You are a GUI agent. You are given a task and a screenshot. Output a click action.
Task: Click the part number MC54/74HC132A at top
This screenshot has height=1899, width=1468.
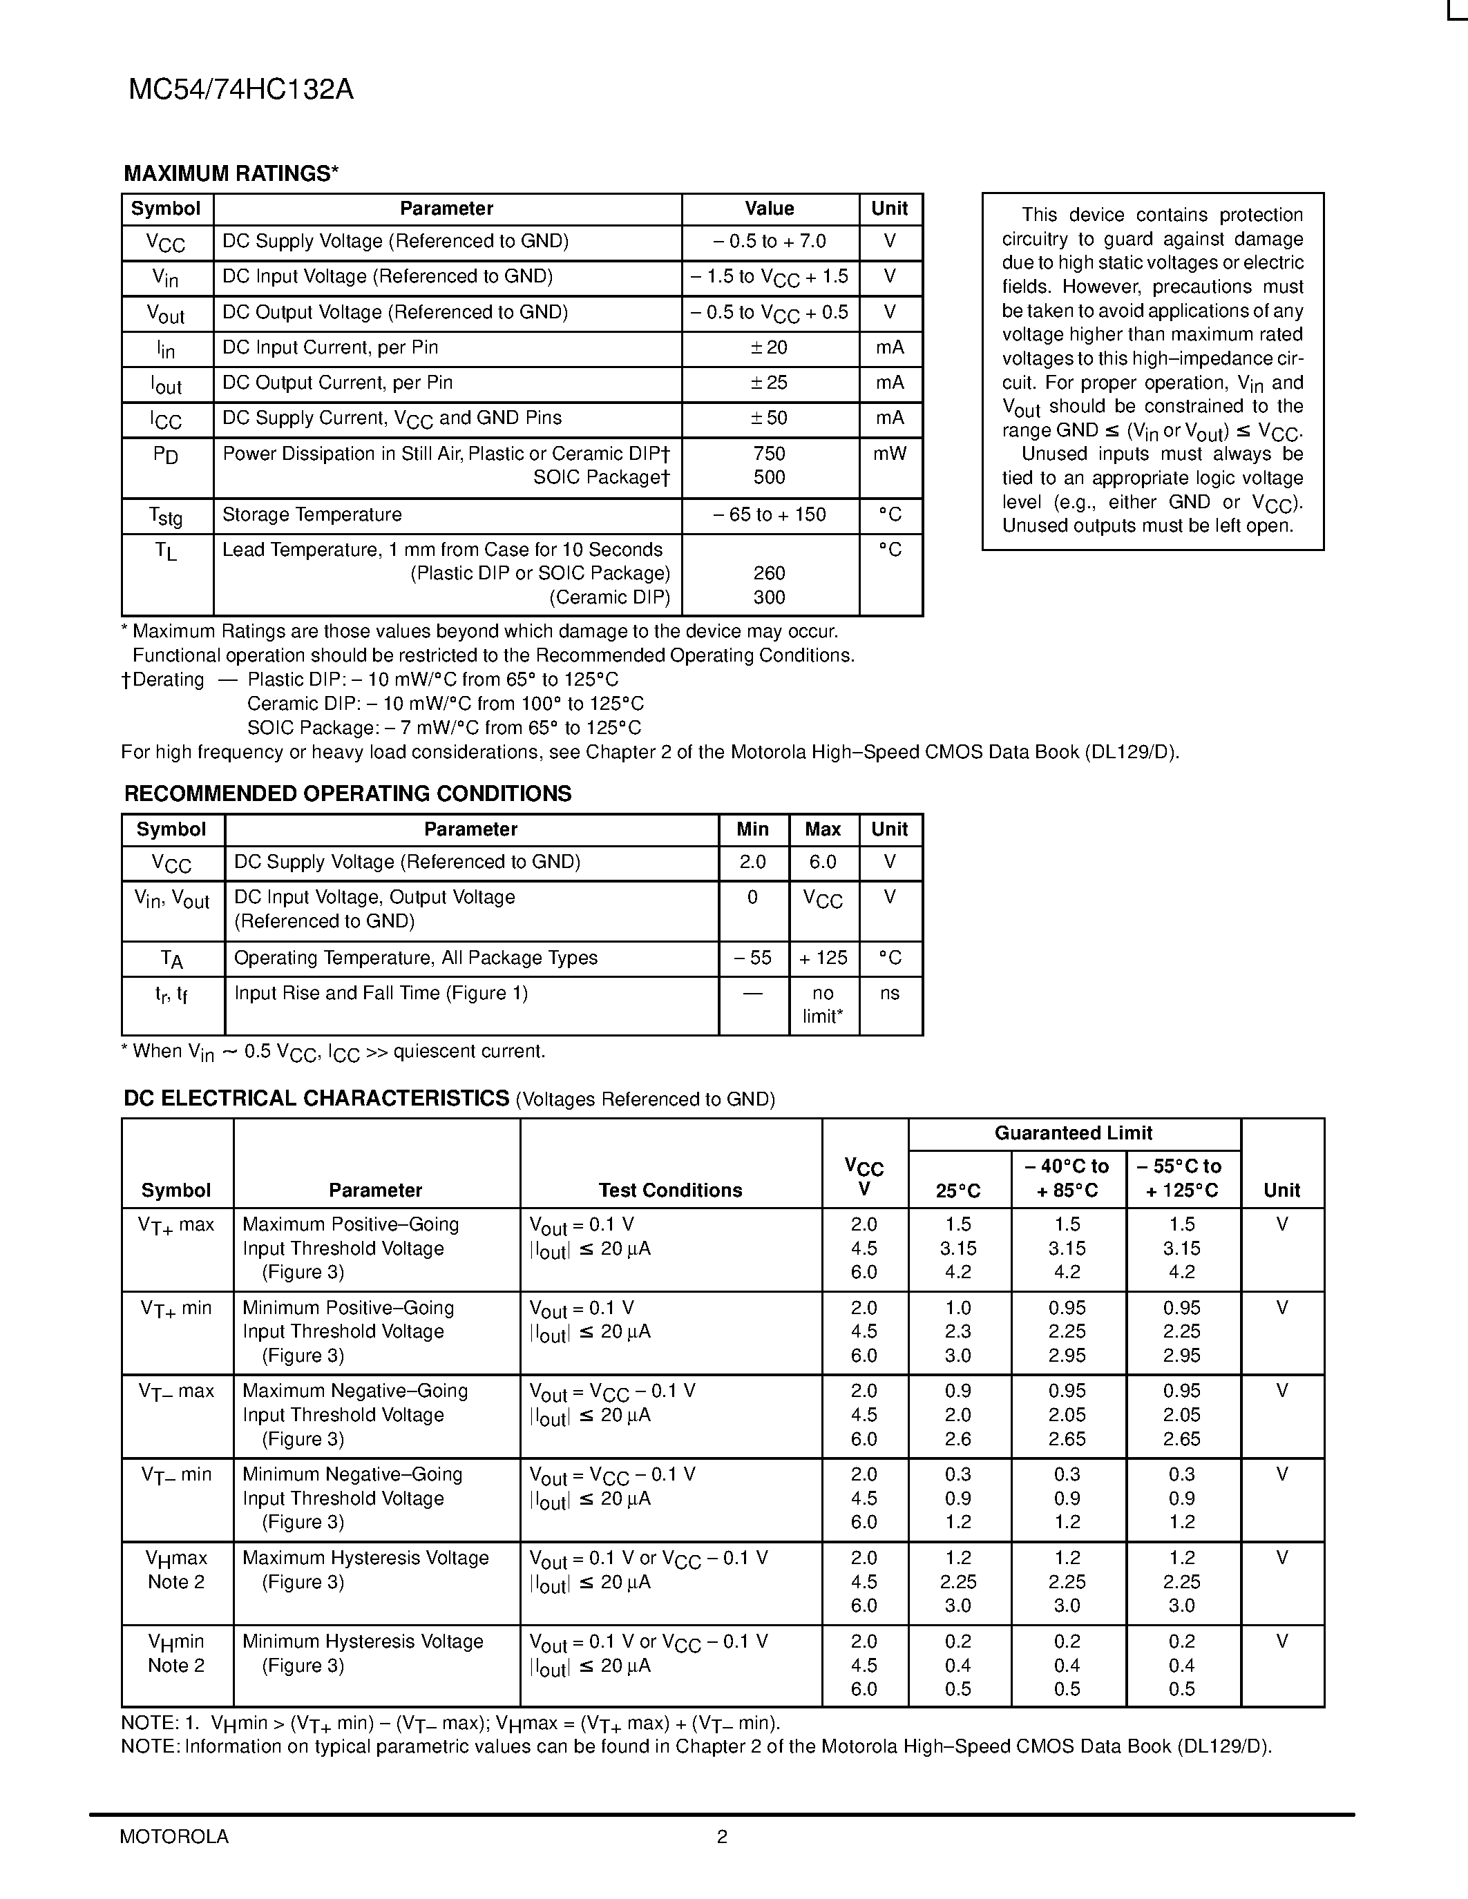click(241, 90)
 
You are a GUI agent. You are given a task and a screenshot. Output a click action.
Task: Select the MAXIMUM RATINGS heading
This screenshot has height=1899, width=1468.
click(231, 174)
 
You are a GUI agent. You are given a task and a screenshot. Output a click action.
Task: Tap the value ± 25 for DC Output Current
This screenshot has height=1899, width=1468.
click(769, 383)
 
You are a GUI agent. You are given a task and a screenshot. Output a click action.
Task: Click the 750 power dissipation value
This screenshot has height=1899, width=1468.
click(769, 454)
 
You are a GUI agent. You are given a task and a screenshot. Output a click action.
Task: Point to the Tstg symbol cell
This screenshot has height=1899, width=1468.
click(166, 516)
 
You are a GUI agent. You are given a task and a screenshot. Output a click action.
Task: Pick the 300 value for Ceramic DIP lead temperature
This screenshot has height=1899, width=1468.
click(769, 597)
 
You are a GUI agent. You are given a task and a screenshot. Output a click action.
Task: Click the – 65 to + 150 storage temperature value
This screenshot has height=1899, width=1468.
click(769, 514)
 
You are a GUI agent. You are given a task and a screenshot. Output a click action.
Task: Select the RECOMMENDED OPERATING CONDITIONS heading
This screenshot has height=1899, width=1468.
click(348, 794)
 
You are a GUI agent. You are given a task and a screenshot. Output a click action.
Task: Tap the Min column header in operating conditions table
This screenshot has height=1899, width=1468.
click(752, 829)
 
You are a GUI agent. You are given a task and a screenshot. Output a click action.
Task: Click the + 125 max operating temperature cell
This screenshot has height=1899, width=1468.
click(823, 958)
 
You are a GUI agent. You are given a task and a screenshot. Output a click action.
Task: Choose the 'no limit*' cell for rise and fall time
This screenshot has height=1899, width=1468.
click(823, 1004)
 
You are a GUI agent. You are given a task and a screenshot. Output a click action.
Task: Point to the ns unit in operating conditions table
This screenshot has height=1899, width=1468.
click(889, 993)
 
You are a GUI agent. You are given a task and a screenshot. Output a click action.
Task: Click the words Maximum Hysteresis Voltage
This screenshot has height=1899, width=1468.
click(365, 1558)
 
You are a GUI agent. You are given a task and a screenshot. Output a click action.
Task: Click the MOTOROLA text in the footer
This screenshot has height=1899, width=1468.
click(174, 1836)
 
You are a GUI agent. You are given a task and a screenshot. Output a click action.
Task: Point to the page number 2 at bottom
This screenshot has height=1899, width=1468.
click(722, 1836)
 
